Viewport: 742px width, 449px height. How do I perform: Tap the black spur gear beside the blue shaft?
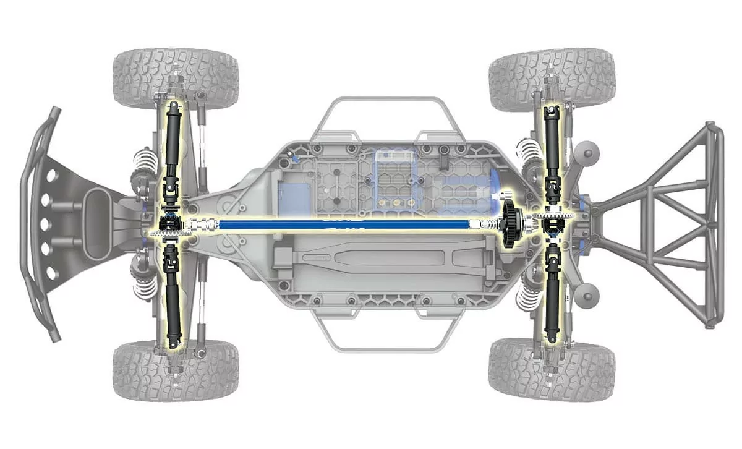(x=511, y=225)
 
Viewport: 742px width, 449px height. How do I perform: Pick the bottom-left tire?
(x=176, y=370)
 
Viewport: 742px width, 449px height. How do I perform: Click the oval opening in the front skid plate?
(x=98, y=224)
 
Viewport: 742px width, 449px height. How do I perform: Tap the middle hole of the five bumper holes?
(x=48, y=224)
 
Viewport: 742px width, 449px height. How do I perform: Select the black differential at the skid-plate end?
(x=168, y=224)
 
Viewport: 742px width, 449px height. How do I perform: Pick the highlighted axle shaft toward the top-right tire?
(x=550, y=139)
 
